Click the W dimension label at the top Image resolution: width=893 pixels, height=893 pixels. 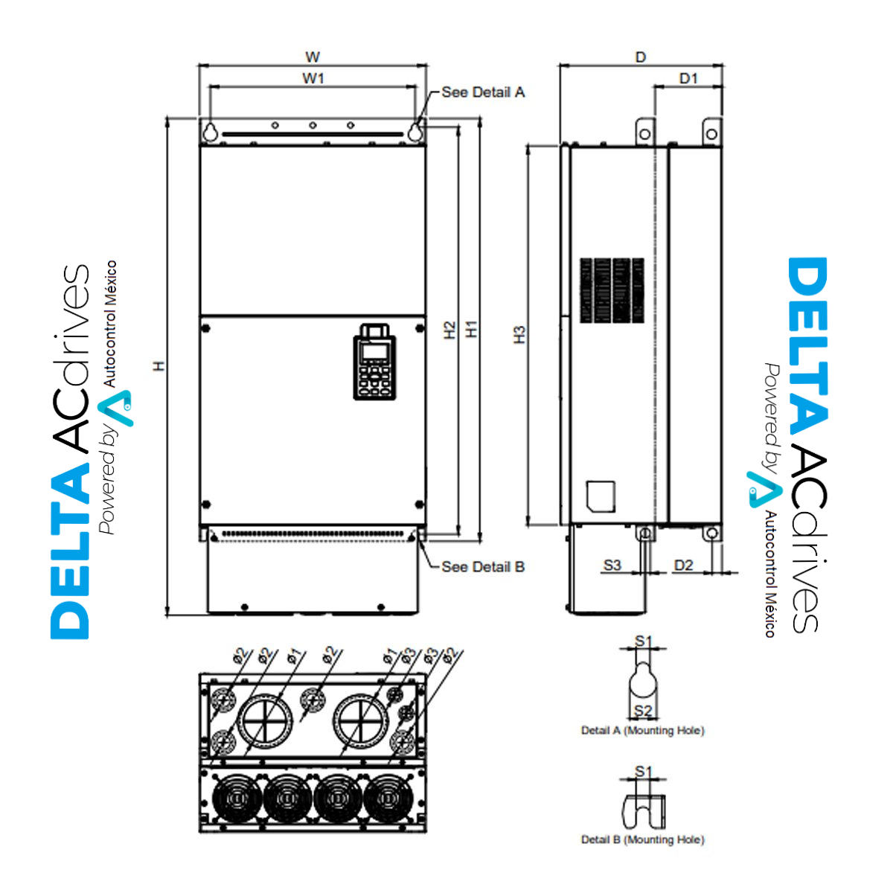313,57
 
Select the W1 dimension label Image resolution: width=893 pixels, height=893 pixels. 313,78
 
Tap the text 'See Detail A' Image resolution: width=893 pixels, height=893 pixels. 483,92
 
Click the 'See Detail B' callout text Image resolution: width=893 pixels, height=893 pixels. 483,567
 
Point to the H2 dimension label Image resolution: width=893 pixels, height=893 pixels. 449,330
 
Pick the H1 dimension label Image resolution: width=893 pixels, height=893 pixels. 471,329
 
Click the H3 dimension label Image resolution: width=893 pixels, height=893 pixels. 519,334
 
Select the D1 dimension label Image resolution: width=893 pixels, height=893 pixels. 689,79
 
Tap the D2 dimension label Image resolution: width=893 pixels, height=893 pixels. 683,566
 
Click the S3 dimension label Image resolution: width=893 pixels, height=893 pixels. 612,566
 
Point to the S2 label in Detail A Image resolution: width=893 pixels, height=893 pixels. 643,711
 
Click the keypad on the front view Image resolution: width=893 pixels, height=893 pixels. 374,362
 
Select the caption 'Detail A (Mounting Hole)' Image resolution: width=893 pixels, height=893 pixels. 642,731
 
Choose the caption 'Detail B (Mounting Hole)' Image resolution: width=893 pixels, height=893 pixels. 642,839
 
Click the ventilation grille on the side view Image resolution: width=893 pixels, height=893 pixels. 612,291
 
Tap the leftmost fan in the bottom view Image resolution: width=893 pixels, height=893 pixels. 236,798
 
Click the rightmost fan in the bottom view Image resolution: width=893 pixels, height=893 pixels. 388,798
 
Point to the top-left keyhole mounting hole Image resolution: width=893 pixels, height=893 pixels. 211,131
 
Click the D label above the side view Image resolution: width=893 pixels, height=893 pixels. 641,57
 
